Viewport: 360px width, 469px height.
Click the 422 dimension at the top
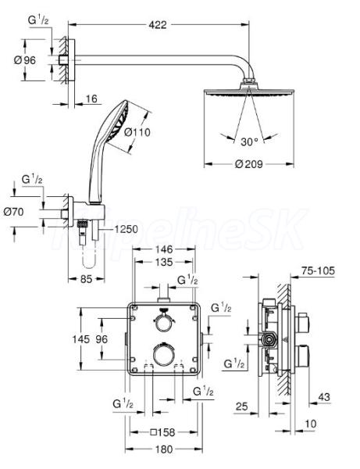[158, 25]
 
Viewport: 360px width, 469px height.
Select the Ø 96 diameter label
[25, 60]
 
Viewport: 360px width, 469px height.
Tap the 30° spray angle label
[249, 141]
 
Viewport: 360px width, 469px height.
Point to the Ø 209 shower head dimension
[248, 164]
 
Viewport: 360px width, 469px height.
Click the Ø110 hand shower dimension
[137, 132]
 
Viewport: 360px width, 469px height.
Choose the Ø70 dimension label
[13, 212]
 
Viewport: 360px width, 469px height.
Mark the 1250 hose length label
[127, 229]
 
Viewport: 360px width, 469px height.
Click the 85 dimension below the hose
[86, 279]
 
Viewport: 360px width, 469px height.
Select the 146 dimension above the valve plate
[164, 249]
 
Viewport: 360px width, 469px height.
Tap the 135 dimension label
[164, 262]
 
